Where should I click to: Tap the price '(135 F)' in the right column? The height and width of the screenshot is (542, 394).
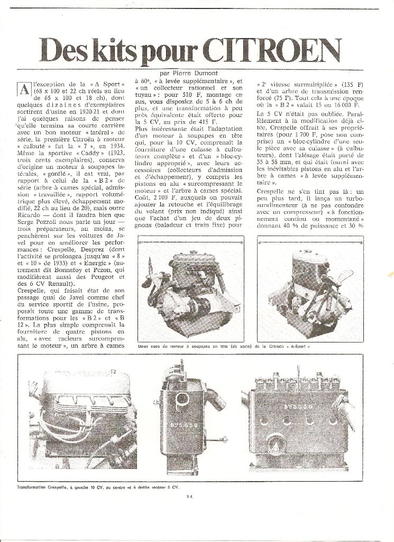click(x=339, y=84)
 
